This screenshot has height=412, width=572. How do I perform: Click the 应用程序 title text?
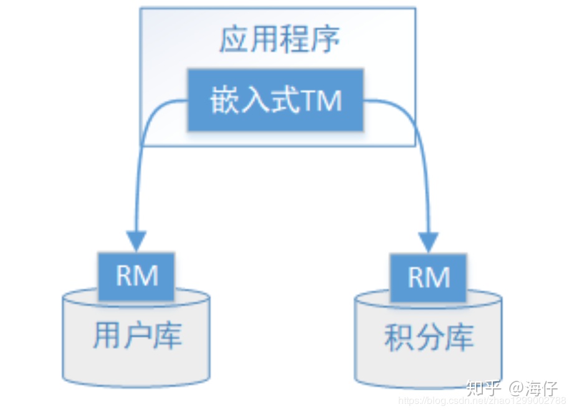279,41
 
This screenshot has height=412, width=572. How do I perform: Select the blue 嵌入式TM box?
275,100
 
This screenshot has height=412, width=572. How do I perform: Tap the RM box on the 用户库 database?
137,275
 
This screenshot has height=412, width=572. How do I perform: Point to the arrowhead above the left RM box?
136,240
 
